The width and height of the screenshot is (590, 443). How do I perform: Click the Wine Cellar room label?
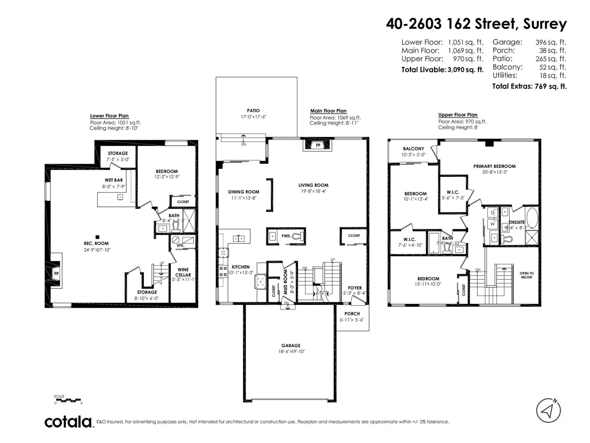(183, 272)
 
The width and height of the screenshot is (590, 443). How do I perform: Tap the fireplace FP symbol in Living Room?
(318, 145)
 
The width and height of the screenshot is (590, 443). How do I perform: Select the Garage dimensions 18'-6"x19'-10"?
(291, 351)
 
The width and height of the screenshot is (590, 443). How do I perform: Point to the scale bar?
(68, 400)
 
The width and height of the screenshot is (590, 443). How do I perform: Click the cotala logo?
(68, 422)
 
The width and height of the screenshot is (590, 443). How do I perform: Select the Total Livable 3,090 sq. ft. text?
(442, 69)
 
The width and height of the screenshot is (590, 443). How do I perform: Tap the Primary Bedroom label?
(494, 166)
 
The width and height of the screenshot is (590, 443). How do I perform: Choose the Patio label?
(253, 110)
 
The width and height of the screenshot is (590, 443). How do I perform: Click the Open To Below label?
(527, 275)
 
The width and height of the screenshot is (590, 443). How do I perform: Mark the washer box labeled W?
(493, 224)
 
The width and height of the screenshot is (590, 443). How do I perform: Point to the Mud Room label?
(285, 281)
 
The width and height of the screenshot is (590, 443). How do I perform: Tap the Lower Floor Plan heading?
(110, 116)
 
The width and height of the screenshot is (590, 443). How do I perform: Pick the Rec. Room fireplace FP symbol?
(56, 274)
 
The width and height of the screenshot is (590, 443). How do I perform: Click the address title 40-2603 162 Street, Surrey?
(476, 24)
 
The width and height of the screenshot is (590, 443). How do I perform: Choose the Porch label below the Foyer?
(352, 313)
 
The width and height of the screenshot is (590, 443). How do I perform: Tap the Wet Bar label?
(114, 180)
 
